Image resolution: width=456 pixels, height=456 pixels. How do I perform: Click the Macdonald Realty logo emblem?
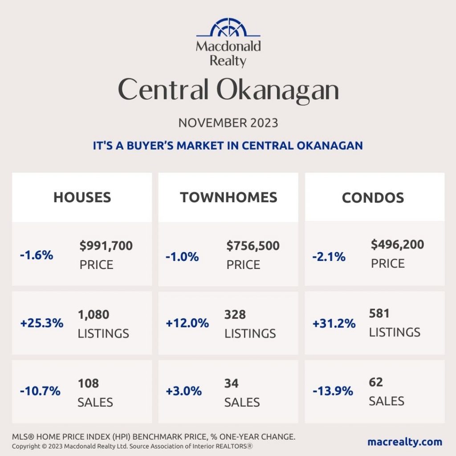228,28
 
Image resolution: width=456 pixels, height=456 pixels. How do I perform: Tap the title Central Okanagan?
228,90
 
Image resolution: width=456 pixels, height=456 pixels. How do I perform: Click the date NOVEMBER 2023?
228,123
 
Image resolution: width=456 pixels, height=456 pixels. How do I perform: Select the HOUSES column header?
82,197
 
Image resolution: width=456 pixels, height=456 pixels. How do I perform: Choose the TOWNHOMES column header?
228,197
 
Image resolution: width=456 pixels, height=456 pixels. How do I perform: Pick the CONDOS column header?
373,198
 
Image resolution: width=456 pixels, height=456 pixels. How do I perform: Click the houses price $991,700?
106,246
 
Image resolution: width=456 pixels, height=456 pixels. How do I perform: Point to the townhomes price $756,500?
253,246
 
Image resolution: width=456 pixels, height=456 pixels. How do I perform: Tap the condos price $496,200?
397,244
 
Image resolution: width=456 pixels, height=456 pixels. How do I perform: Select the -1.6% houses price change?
37,255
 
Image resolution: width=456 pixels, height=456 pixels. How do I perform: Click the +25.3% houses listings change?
42,324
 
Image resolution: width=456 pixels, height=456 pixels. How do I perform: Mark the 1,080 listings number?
94,315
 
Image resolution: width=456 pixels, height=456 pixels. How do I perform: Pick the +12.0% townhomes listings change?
187,324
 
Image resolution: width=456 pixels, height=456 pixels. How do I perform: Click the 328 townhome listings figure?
235,315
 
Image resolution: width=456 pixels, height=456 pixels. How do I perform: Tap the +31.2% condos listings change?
334,324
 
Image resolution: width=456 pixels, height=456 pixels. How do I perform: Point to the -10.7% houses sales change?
40,391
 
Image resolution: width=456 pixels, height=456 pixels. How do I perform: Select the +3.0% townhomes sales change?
183,391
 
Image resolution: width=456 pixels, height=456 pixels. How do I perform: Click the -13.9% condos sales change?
333,391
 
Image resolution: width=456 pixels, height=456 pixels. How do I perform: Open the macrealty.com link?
405,442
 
